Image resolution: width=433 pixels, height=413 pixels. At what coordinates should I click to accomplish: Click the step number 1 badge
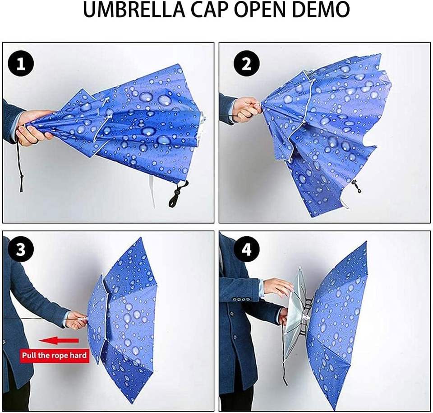click(21, 64)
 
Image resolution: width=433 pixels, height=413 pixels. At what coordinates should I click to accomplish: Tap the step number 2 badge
click(246, 64)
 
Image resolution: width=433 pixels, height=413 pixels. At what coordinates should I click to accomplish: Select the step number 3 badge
click(21, 249)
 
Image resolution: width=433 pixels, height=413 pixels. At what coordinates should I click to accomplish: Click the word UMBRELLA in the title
click(134, 10)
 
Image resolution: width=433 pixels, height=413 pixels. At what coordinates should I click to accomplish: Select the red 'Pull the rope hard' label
click(55, 355)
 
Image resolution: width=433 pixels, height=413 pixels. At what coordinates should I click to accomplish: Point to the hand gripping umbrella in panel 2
click(248, 109)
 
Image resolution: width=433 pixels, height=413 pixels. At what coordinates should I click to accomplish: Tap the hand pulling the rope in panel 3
click(76, 320)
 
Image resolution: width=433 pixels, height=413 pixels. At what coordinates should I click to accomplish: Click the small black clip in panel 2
click(356, 186)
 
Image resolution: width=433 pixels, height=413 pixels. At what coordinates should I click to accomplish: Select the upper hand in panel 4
click(277, 287)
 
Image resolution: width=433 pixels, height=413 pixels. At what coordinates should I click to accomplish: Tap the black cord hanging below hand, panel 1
click(20, 166)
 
